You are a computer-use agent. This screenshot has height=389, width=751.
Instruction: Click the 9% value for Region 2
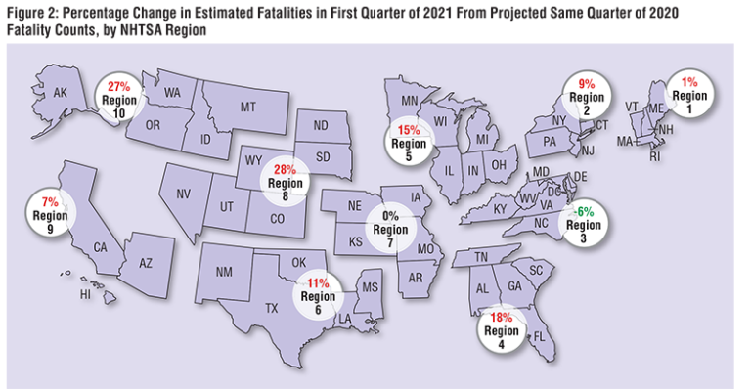(582, 84)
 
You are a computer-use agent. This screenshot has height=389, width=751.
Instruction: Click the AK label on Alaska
(59, 94)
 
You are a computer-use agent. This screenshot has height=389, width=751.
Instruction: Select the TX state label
(273, 306)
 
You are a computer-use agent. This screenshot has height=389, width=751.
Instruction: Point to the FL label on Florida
(537, 335)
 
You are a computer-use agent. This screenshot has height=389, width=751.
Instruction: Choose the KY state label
(472, 209)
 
